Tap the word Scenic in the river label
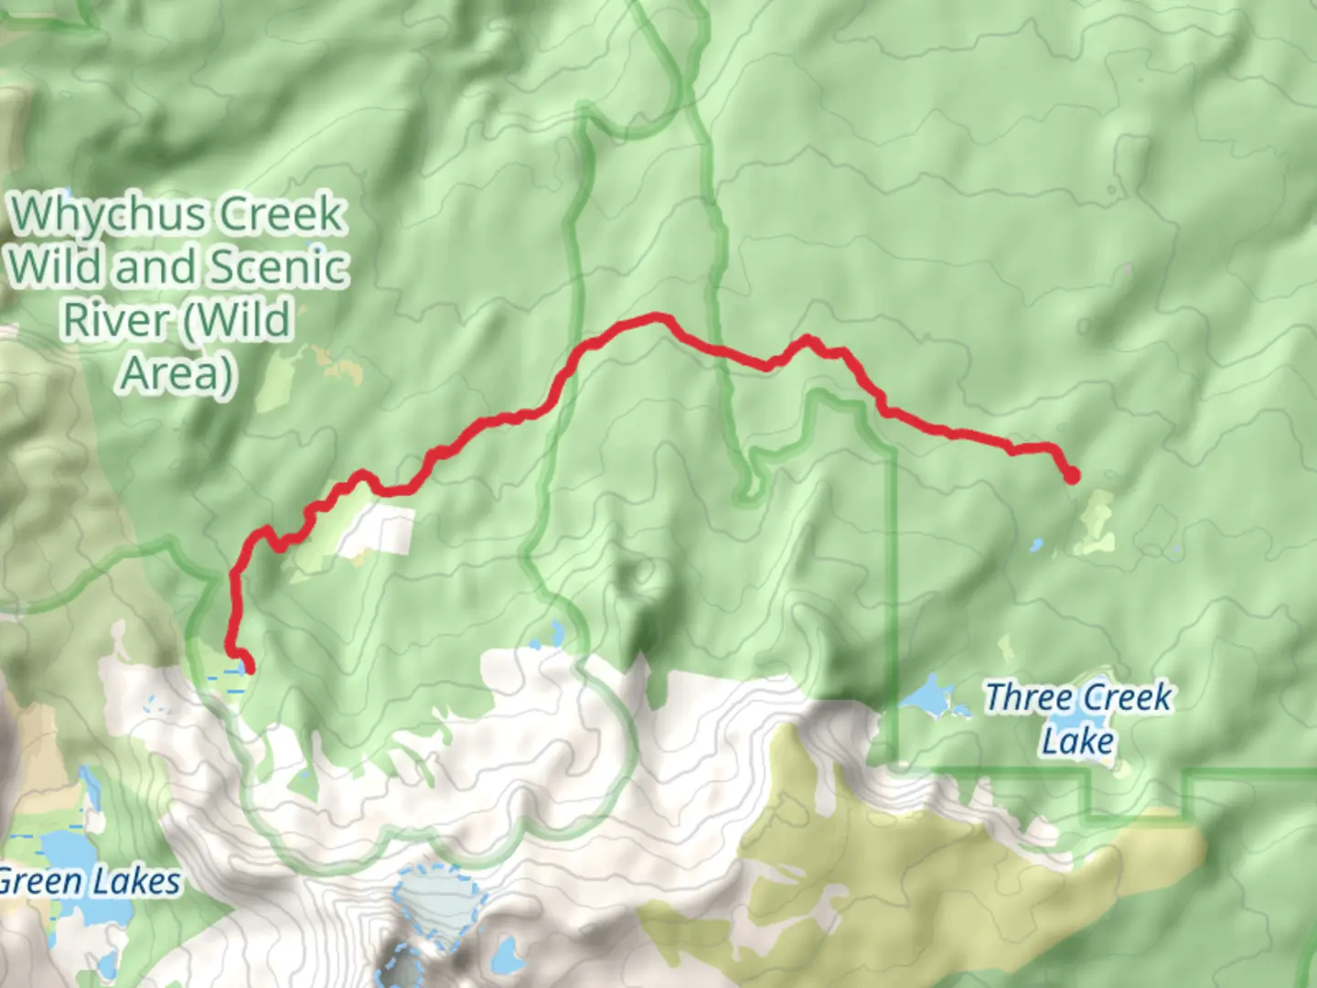279,268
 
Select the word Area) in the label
177,372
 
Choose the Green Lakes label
89,882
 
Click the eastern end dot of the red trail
1071,476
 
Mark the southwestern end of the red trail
247,668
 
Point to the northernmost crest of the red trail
657,317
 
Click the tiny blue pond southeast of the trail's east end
1036,545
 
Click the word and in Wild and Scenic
157,268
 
